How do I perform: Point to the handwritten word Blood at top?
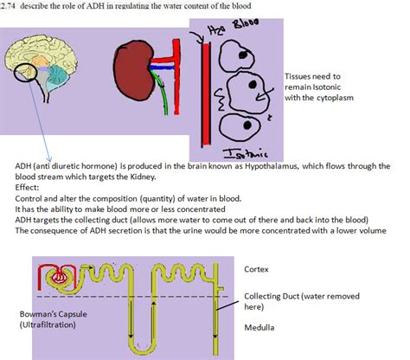(x=251, y=29)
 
